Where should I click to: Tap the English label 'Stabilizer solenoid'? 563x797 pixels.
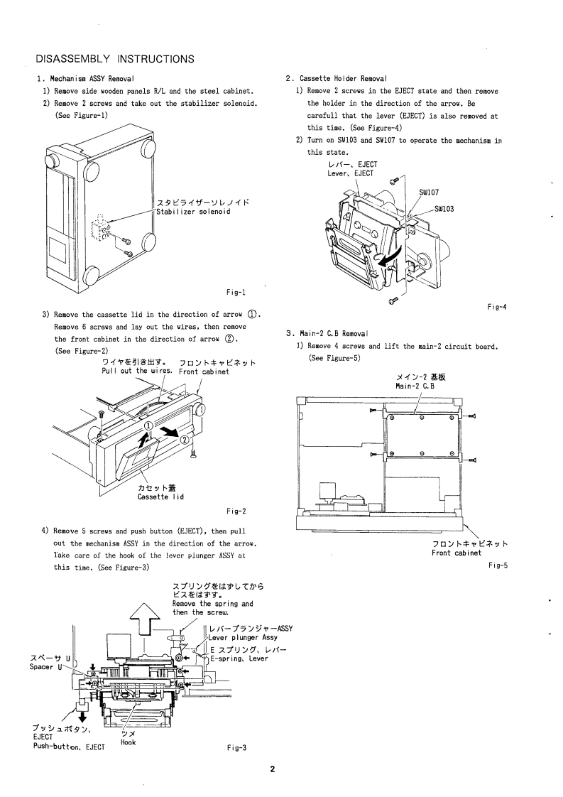coord(194,211)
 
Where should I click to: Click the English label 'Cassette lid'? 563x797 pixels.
coord(160,497)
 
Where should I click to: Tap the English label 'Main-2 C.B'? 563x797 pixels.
coord(415,385)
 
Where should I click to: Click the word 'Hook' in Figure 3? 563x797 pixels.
coord(129,742)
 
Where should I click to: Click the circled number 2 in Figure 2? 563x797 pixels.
coord(185,440)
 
